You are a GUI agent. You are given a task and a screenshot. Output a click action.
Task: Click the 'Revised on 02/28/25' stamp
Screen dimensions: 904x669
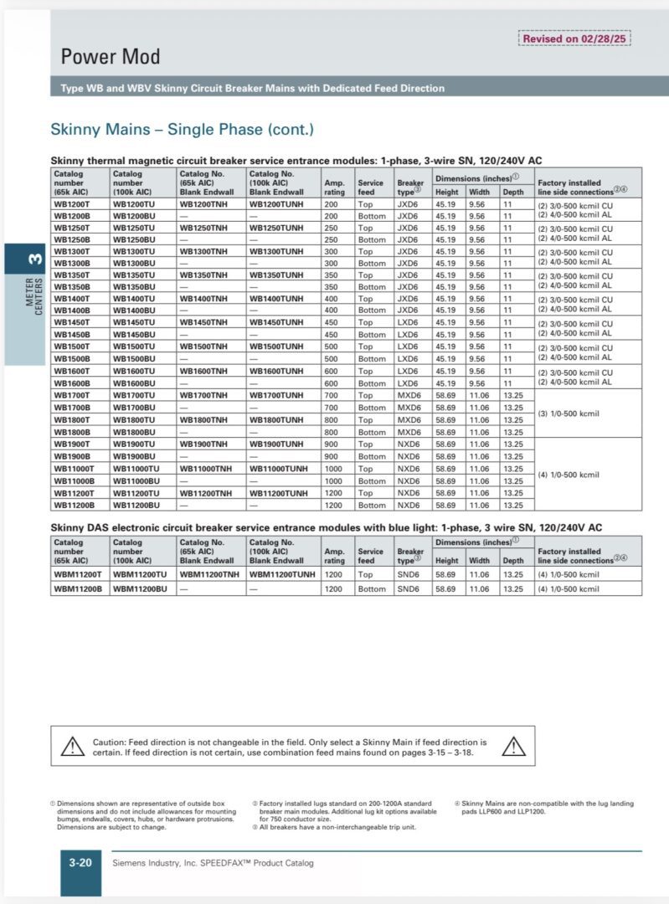pyautogui.click(x=574, y=39)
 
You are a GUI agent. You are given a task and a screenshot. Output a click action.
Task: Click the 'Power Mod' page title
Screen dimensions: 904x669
pyautogui.click(x=110, y=57)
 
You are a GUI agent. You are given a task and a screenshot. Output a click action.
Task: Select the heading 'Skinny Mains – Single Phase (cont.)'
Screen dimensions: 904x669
pyautogui.click(x=182, y=130)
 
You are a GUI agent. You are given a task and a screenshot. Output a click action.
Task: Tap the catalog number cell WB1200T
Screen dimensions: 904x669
pyautogui.click(x=74, y=203)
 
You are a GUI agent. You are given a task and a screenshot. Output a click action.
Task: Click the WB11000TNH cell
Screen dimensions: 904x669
pyautogui.click(x=204, y=469)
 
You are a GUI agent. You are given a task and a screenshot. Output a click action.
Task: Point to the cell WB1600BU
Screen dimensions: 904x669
pyautogui.click(x=134, y=383)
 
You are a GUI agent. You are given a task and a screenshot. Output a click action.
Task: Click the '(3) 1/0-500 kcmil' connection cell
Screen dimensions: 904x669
pyautogui.click(x=569, y=413)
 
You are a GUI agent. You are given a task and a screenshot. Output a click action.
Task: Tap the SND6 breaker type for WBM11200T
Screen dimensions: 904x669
pyautogui.click(x=409, y=574)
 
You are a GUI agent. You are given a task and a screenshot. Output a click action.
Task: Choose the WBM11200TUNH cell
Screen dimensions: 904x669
pyautogui.click(x=282, y=574)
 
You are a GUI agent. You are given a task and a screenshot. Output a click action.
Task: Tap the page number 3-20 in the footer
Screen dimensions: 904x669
pyautogui.click(x=80, y=863)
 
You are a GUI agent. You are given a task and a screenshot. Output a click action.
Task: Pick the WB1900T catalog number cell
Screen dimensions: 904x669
pyautogui.click(x=74, y=444)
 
